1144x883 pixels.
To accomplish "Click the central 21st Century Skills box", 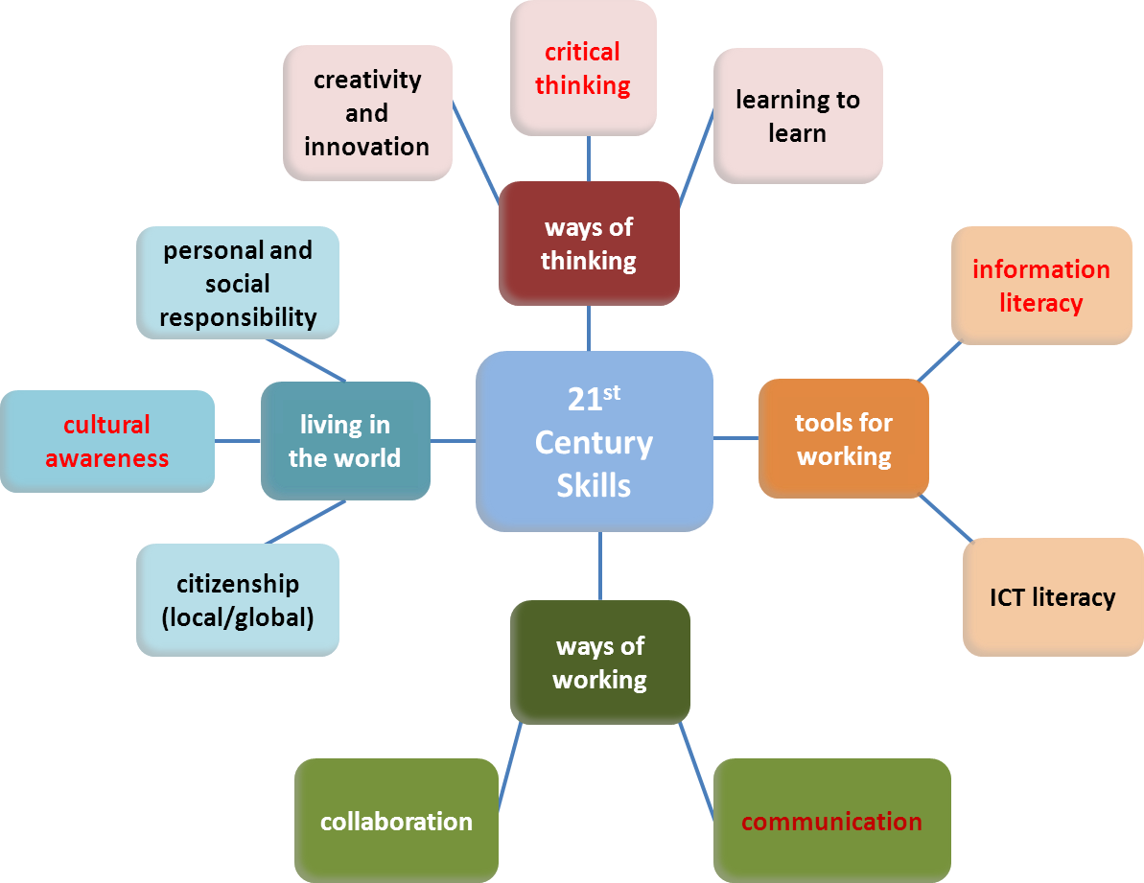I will coord(595,442).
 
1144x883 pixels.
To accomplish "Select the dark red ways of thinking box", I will coord(589,244).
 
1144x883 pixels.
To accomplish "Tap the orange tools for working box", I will coord(844,438).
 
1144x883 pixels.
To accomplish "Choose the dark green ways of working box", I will coord(600,662).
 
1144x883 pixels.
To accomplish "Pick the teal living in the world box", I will coord(345,441).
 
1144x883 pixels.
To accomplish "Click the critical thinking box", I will coord(583,68).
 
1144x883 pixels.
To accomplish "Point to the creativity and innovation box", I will coord(367,113).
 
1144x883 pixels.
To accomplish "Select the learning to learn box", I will coord(798,116).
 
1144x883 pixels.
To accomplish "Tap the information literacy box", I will coord(1041,286).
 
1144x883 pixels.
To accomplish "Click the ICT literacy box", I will coord(1053,597).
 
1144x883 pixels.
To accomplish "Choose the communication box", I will coord(831,822).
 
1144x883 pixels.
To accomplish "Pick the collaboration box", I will coord(396,822).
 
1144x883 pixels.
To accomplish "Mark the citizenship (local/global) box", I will coord(238,600).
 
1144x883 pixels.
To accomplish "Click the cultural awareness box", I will coord(107,441).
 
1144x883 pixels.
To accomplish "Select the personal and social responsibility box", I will coord(238,283).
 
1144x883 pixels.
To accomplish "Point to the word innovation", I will coord(367,147).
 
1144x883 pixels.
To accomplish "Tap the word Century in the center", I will coord(594,443).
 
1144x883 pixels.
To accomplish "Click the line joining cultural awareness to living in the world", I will coord(238,441).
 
